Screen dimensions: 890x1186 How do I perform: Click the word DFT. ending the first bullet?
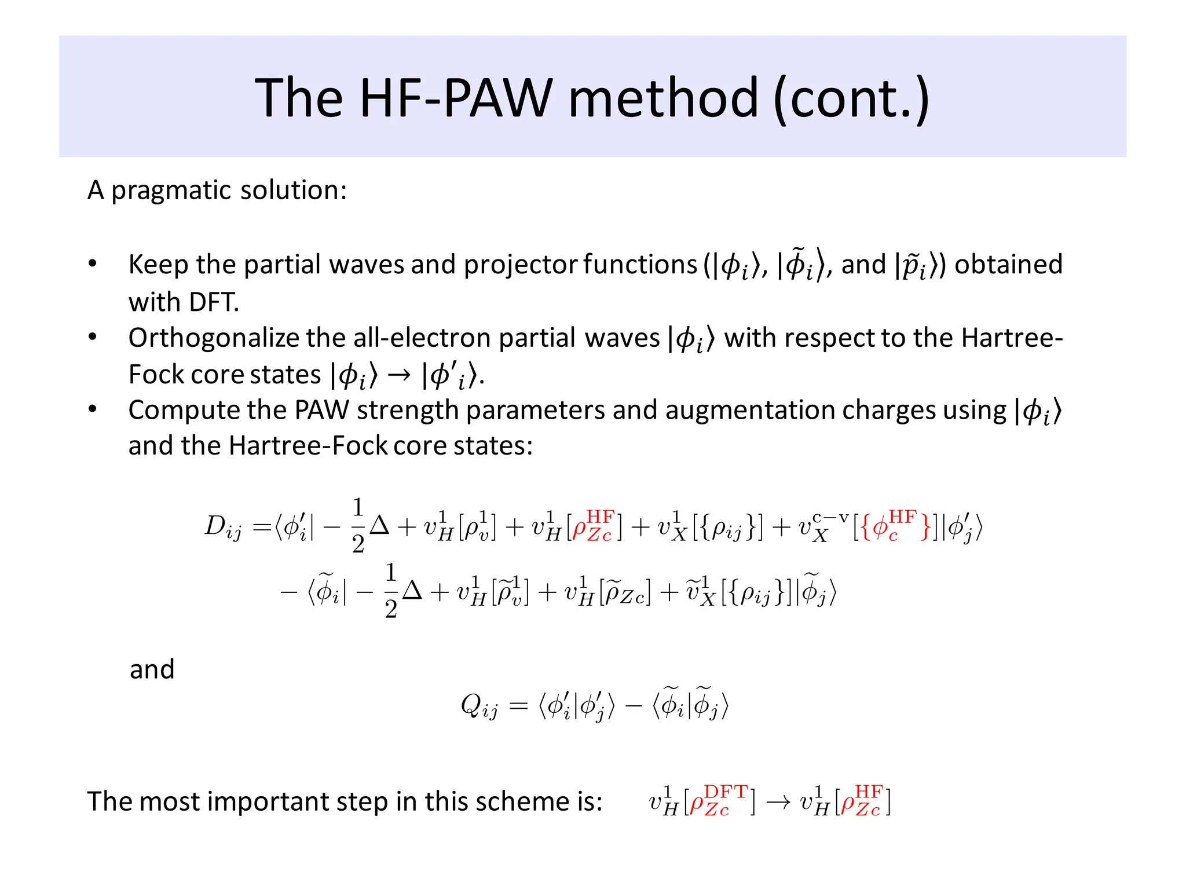pyautogui.click(x=184, y=302)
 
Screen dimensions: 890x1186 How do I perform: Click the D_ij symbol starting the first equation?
pyautogui.click(x=223, y=527)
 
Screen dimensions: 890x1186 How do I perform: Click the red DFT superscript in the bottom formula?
pyautogui.click(x=726, y=792)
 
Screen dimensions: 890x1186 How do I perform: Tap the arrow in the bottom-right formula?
pyautogui.click(x=778, y=803)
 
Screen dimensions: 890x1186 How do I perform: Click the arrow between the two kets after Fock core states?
pyautogui.click(x=399, y=375)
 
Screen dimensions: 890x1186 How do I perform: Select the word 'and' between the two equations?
pyautogui.click(x=152, y=669)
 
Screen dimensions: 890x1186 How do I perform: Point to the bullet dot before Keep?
pyautogui.click(x=93, y=264)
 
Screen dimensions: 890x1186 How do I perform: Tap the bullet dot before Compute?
pyautogui.click(x=93, y=410)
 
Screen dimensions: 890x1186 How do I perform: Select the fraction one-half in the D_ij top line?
pyautogui.click(x=358, y=525)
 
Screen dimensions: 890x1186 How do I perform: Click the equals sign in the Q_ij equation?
pyautogui.click(x=518, y=705)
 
